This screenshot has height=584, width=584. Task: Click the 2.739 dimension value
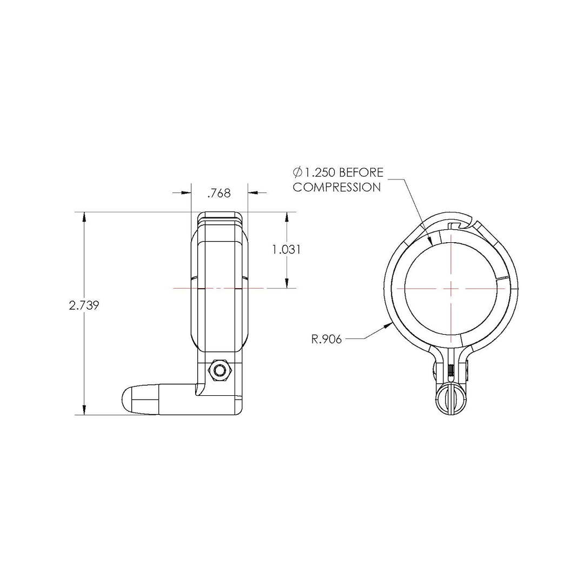[84, 306]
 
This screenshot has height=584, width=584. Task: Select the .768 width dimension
[220, 193]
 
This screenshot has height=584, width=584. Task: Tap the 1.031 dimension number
[287, 249]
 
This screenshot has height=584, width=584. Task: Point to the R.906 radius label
[326, 339]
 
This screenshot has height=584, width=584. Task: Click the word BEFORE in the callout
[361, 172]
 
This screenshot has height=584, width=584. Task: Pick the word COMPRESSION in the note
[337, 187]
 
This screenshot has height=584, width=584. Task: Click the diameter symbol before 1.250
[297, 172]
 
